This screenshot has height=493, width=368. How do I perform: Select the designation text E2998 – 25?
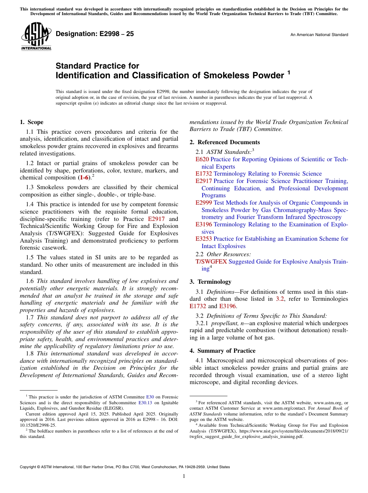point(95,34)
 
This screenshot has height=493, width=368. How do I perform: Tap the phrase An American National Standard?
point(319,35)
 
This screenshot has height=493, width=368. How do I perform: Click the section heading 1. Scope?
point(31,122)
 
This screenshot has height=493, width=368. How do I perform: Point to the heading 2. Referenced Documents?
point(225,142)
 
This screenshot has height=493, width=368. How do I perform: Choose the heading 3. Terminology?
point(210,282)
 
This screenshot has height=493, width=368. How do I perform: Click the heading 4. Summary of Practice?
point(222,351)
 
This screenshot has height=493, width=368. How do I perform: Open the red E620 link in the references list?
point(202,159)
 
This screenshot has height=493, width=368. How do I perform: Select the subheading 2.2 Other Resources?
point(223,254)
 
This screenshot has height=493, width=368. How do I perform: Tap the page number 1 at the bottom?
point(184,476)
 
